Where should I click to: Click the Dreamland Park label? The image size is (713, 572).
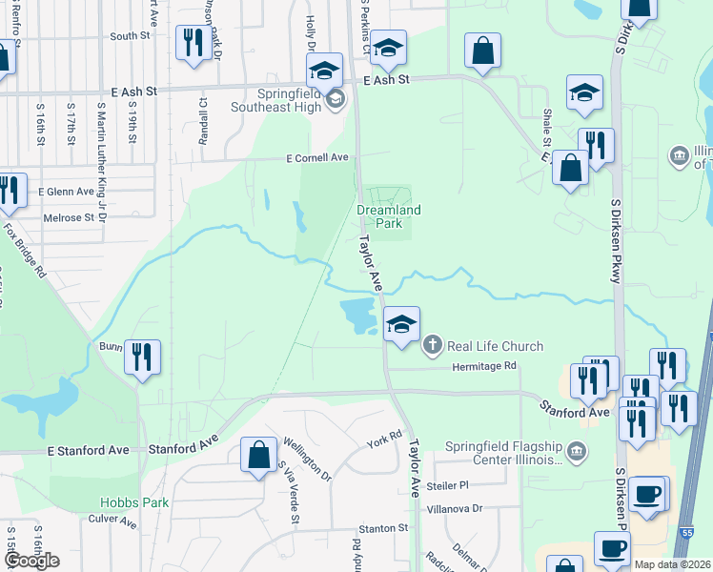388,215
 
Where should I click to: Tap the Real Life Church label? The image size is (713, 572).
495,346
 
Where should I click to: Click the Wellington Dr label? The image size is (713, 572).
306,459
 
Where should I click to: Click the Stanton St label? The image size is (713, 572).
382,527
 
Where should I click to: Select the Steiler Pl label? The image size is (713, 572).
451,485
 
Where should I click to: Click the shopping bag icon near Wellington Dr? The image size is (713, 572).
258,454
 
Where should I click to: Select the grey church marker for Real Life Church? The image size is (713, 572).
433,346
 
